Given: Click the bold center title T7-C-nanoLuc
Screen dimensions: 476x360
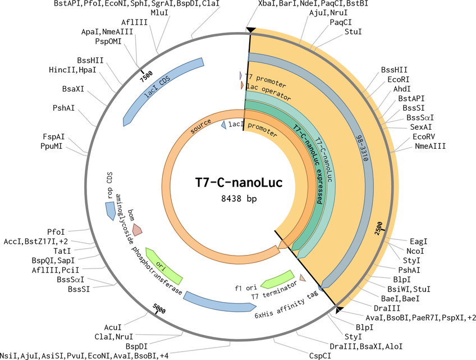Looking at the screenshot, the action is (239, 183).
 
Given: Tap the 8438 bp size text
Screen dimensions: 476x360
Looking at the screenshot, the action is (239, 199).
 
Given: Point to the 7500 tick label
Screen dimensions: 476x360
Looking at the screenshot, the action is (146, 76).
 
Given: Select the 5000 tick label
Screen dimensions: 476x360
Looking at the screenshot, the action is (159, 308).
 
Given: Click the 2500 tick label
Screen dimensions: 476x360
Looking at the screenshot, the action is (378, 228).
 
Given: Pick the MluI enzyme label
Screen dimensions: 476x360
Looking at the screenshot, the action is (159, 13).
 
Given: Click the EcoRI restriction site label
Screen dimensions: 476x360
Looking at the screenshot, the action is (399, 79).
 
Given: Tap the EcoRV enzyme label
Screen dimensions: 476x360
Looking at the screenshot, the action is (423, 136).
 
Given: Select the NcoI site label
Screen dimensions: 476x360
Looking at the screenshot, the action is (415, 251).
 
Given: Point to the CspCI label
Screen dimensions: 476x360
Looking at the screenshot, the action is (320, 356).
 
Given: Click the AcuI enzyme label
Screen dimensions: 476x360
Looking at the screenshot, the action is (113, 327).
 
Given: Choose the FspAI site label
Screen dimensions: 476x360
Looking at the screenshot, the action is (54, 137).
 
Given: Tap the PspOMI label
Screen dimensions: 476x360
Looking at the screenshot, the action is (108, 42).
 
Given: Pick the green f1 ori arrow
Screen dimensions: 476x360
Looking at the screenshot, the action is (278, 280).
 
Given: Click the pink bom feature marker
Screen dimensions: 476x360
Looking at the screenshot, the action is (137, 230).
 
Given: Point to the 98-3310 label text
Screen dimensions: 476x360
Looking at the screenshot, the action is (363, 148).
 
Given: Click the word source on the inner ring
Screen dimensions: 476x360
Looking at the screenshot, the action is (200, 126).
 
